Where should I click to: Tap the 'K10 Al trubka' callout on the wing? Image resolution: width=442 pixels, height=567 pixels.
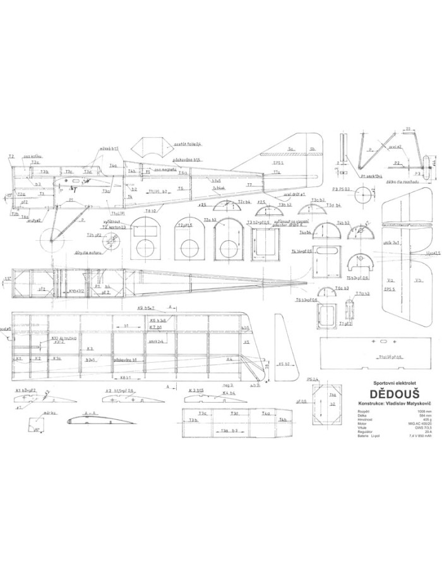pyautogui.click(x=63, y=338)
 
